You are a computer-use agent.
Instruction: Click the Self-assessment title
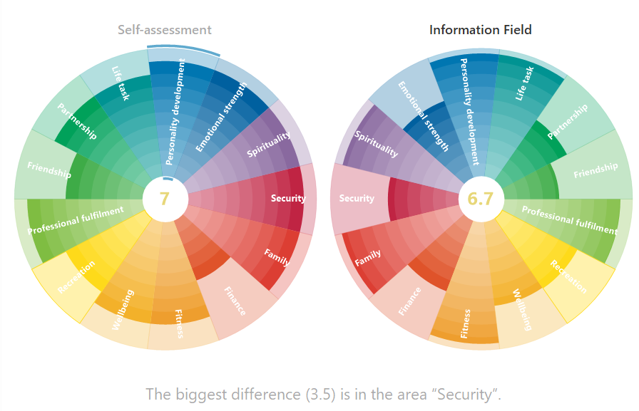(165, 30)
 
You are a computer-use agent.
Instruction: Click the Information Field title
(480, 30)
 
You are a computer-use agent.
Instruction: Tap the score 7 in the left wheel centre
(165, 199)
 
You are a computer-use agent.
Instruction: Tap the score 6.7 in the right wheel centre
(480, 199)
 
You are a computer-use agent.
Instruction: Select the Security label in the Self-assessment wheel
(287, 199)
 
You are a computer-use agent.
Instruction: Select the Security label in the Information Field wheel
(357, 199)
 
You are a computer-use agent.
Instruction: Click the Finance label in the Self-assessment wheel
(235, 301)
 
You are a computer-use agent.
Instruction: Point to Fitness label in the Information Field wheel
(466, 323)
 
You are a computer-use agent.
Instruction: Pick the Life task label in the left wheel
(121, 83)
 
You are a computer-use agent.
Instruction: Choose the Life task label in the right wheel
(524, 83)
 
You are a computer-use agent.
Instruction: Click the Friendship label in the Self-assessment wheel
(49, 170)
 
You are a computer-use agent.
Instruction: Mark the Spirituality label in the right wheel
(377, 145)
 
